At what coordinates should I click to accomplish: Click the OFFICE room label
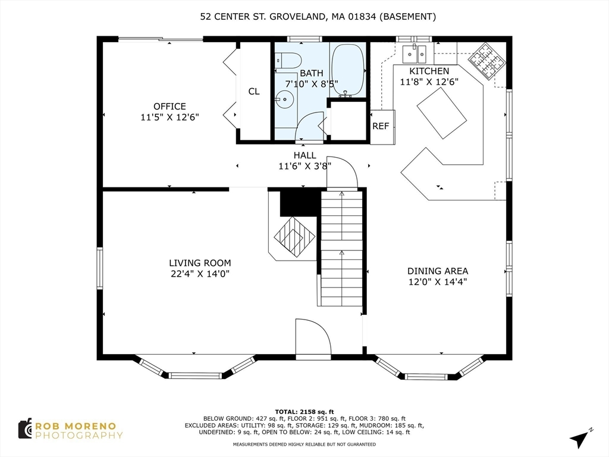[169, 107]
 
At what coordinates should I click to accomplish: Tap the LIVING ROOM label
[200, 263]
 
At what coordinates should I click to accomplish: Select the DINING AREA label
[438, 271]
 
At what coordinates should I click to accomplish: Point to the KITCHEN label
[429, 71]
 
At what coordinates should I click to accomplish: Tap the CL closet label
[254, 91]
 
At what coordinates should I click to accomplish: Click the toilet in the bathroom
[288, 60]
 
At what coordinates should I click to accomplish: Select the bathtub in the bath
[348, 70]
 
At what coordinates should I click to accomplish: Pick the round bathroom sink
[285, 99]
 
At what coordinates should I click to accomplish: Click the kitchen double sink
[414, 54]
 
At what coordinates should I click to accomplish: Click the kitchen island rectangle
[442, 113]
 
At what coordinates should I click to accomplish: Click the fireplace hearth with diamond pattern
[295, 236]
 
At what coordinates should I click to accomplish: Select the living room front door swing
[313, 337]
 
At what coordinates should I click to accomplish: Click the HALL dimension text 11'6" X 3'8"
[305, 166]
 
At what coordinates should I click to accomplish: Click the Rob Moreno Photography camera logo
[25, 429]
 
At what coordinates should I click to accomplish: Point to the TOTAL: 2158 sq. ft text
[304, 412]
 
